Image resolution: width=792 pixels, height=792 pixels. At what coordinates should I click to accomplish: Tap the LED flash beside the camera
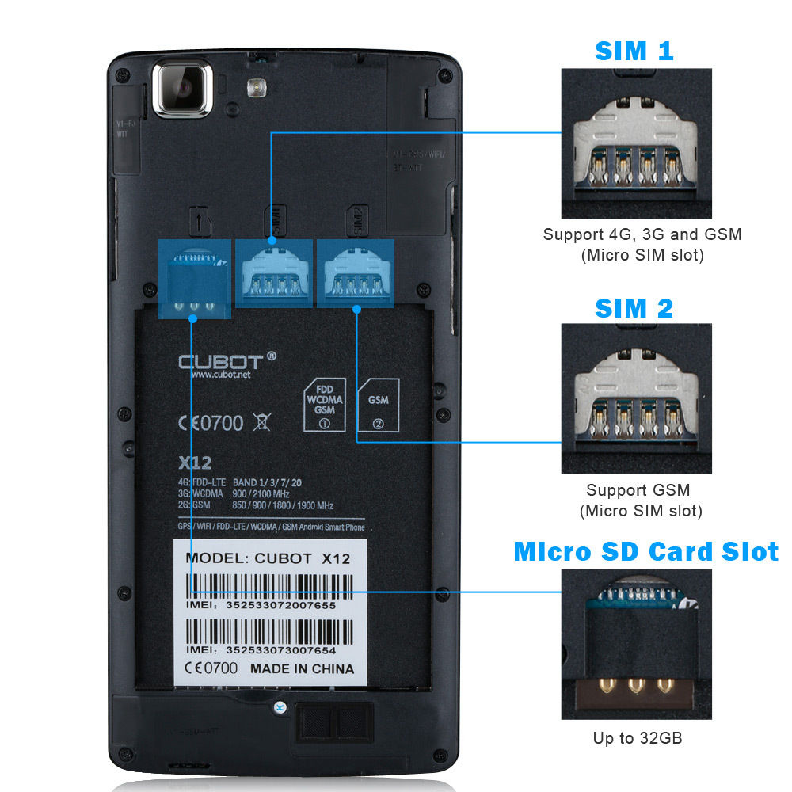[255, 87]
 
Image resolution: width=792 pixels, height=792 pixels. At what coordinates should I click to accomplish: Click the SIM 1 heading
[634, 51]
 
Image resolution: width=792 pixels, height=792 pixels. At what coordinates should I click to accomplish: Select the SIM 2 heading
[634, 308]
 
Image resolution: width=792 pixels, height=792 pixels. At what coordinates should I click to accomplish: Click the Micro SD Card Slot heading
[645, 551]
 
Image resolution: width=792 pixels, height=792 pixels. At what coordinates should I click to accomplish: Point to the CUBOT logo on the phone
[227, 361]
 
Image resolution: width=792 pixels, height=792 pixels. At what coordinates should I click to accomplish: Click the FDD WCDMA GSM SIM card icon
[324, 405]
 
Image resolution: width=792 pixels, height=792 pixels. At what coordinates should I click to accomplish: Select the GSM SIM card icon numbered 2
[379, 408]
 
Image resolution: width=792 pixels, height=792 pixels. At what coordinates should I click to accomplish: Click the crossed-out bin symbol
[261, 421]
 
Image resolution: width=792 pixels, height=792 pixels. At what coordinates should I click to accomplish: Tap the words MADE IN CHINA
[302, 668]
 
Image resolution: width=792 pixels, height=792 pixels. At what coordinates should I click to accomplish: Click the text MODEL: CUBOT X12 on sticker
[267, 558]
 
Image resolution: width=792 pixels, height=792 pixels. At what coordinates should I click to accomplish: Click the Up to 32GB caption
[638, 738]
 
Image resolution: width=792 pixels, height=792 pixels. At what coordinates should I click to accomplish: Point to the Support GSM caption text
[638, 490]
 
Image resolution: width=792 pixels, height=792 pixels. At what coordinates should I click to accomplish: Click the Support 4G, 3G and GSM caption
[642, 234]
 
